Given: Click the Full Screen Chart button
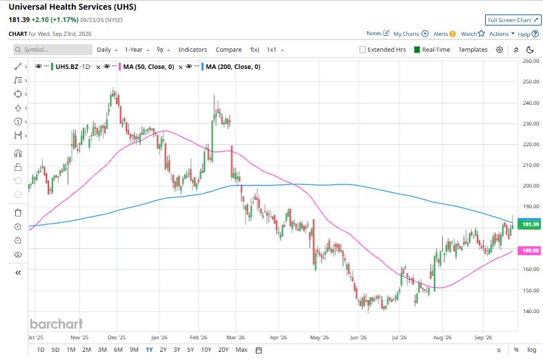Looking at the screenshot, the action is pyautogui.click(x=513, y=20).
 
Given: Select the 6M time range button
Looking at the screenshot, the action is pyautogui.click(x=118, y=350).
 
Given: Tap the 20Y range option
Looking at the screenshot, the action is pyautogui.click(x=224, y=350).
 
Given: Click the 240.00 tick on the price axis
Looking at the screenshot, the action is pyautogui.click(x=531, y=103).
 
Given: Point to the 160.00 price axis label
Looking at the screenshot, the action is pyautogui.click(x=531, y=269).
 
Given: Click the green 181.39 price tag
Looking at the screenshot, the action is pyautogui.click(x=529, y=224).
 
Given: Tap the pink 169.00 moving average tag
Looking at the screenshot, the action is pyautogui.click(x=529, y=250).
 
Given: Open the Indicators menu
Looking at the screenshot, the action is pyautogui.click(x=192, y=50).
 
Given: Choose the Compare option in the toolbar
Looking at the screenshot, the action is pyautogui.click(x=228, y=50).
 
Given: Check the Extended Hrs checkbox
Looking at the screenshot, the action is pyautogui.click(x=363, y=50).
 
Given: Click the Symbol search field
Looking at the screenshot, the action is pyautogui.click(x=52, y=50).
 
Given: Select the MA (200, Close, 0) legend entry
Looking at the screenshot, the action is pyautogui.click(x=233, y=67).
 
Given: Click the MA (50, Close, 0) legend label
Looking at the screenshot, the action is pyautogui.click(x=148, y=67).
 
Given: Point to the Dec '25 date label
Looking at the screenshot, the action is pyautogui.click(x=117, y=337).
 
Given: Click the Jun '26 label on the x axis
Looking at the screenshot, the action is pyautogui.click(x=358, y=337).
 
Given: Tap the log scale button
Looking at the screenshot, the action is pyautogui.click(x=531, y=350).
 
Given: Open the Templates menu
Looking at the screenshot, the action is pyautogui.click(x=473, y=50).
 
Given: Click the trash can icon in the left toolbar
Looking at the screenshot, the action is pyautogui.click(x=18, y=212).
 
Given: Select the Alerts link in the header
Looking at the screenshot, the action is pyautogui.click(x=444, y=34).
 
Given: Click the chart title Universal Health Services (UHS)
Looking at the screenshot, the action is pyautogui.click(x=72, y=7).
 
